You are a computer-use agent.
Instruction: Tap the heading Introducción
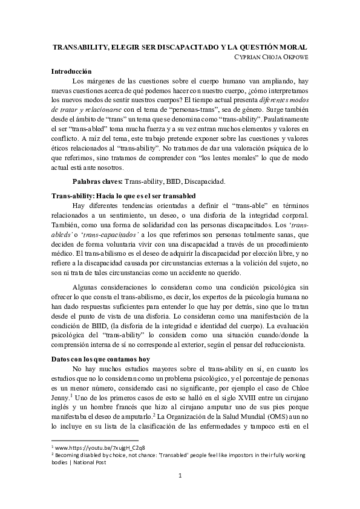pyautogui.click(x=71, y=71)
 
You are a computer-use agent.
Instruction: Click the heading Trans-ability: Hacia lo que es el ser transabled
pyautogui.click(x=123, y=197)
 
